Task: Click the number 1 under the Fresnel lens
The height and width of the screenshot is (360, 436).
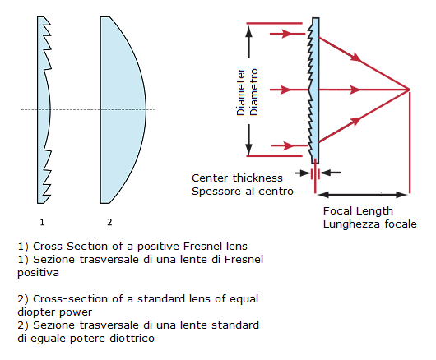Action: pos(42,222)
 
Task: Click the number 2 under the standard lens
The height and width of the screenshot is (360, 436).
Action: pos(109,222)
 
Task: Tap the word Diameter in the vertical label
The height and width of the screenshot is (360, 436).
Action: pos(241,92)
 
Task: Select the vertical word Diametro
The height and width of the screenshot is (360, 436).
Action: pos(254,92)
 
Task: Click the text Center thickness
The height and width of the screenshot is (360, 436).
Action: pos(237,178)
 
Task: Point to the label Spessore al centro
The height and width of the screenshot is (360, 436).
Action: pos(243,192)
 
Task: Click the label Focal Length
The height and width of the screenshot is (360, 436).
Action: pos(358,211)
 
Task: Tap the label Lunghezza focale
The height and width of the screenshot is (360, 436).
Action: pos(370,224)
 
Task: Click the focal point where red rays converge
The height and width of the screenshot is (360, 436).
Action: pos(409,90)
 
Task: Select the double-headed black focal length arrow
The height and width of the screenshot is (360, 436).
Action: pos(362,195)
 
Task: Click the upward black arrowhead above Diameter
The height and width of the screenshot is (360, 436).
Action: pos(249,31)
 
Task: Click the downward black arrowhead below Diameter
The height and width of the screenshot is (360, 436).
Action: pos(249,149)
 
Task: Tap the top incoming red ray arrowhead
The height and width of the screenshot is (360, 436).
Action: pos(286,34)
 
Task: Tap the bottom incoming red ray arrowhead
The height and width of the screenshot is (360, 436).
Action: pos(288,145)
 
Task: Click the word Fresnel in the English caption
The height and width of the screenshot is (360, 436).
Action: pos(202,247)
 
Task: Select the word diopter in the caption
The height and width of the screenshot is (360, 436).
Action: pos(37,312)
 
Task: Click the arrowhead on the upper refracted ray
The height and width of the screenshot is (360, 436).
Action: pos(356,57)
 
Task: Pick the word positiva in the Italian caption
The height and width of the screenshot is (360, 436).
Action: pos(38,273)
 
